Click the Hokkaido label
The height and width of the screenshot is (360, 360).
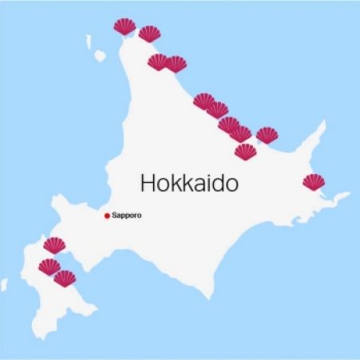[189, 183]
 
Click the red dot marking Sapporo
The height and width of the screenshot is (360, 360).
[106, 216]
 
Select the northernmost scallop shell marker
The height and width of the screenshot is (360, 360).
[125, 27]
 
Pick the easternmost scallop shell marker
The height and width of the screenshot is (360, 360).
[314, 182]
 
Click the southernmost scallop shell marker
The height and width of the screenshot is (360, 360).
[65, 278]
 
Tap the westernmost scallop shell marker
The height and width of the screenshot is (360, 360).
[49, 267]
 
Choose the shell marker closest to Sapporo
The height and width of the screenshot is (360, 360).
[54, 245]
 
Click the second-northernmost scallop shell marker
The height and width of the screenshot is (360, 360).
[149, 34]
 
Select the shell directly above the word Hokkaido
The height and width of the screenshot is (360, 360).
[245, 151]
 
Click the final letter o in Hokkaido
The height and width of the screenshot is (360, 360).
[231, 184]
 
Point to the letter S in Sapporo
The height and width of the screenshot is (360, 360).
[114, 216]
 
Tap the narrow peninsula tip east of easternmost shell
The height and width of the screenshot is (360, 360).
[348, 193]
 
